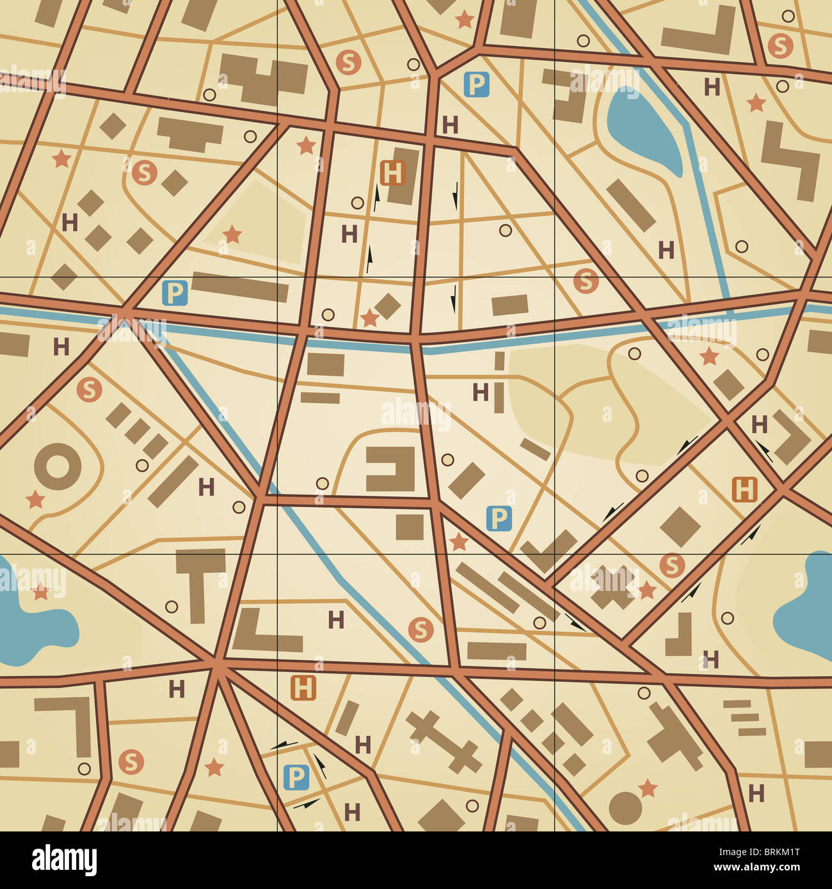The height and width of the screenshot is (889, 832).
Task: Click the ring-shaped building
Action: pos(58,466)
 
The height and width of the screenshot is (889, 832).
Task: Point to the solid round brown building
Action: pos(625,808)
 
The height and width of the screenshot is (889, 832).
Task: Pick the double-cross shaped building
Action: pos(444,741)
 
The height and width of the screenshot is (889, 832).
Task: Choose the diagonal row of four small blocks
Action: pos(136,430)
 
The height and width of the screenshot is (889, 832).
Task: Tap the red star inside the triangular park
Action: pos(232,235)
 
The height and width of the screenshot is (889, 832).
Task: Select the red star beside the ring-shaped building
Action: pos(35,500)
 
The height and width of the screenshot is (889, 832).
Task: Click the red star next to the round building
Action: pos(648,788)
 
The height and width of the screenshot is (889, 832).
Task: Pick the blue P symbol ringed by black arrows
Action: pos(296,778)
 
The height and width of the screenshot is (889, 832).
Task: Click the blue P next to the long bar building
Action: pos(175,294)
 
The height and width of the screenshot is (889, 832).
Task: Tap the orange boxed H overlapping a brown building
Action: pos(392,173)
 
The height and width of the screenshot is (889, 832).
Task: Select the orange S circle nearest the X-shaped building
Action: pos(671,565)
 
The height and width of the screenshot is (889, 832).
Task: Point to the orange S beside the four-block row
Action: pos(89,389)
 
